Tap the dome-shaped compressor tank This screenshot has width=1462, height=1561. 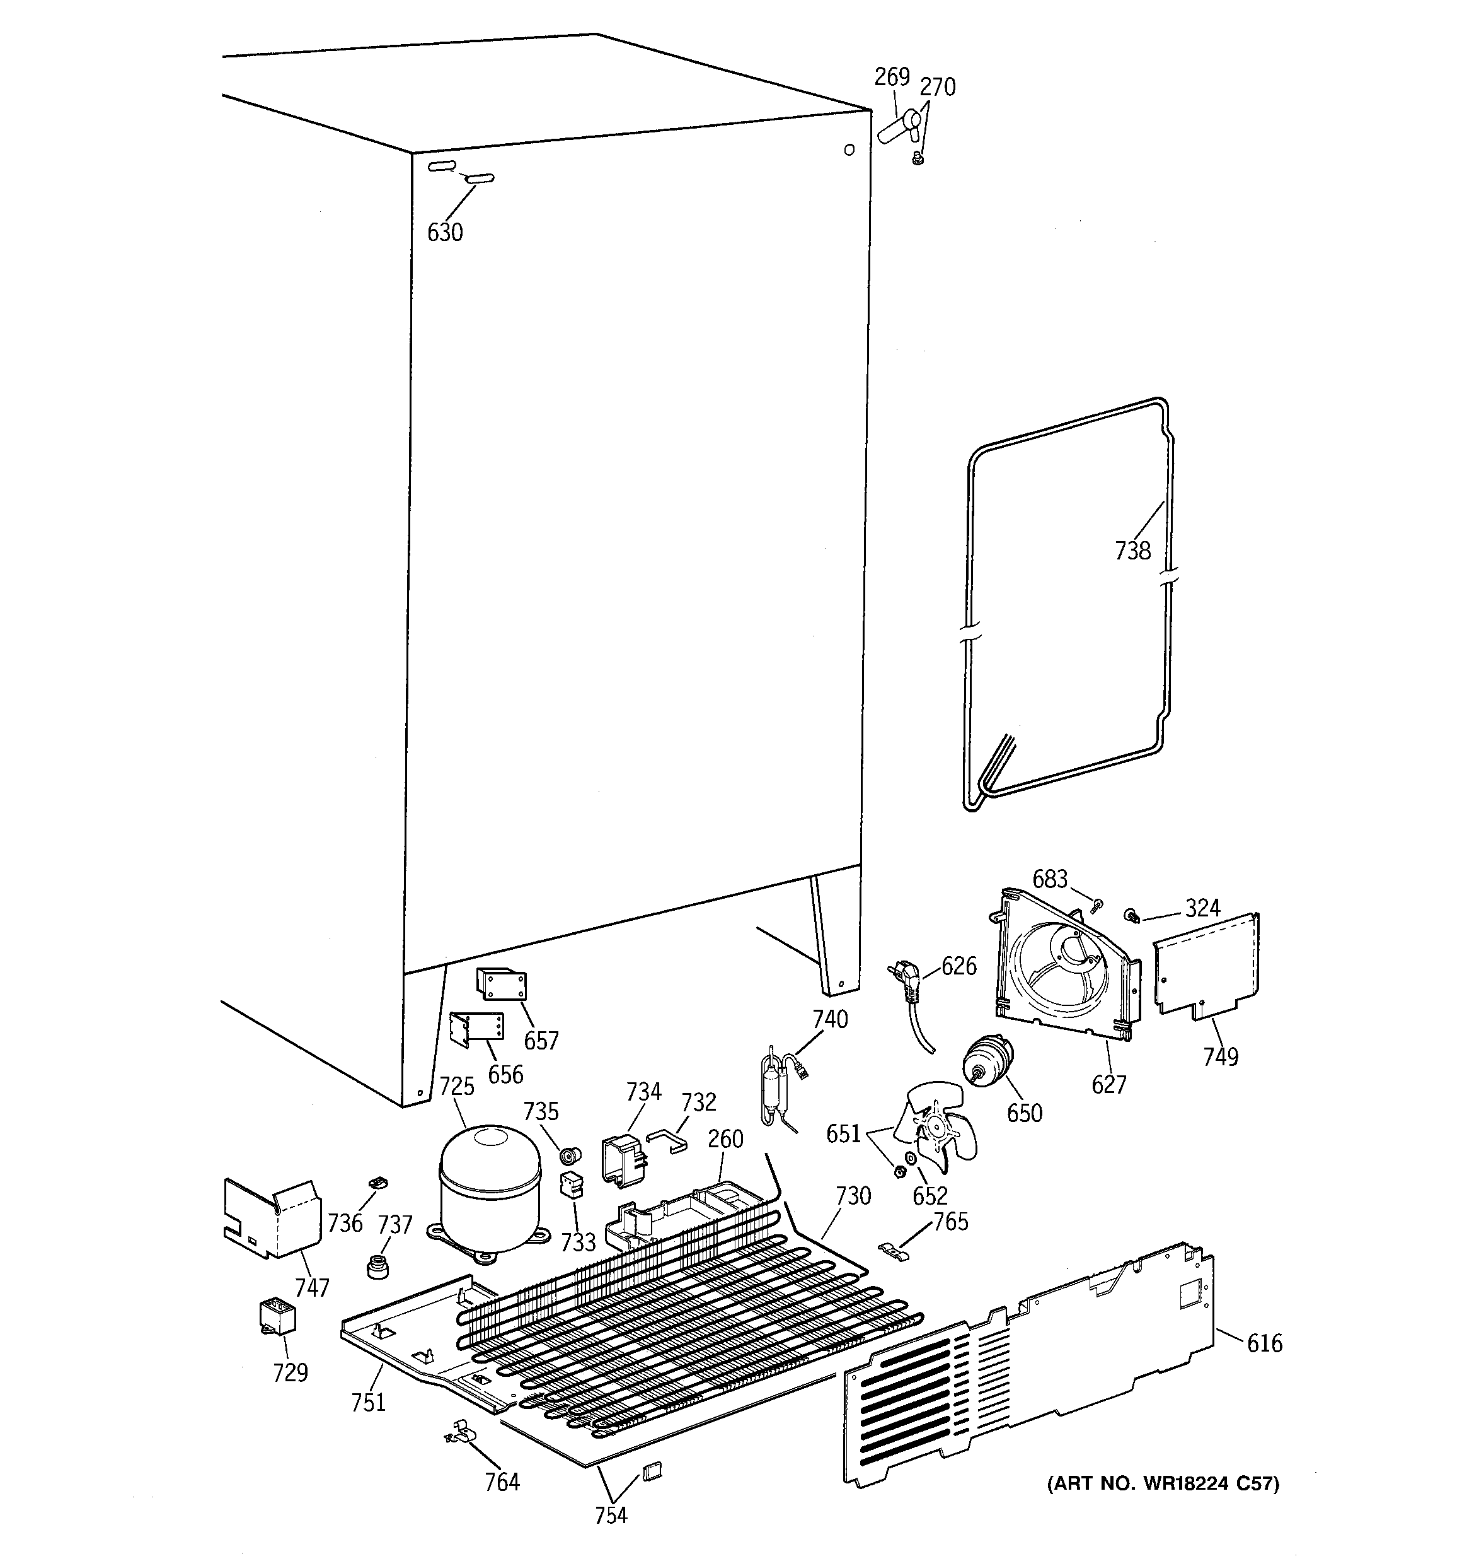(x=490, y=1193)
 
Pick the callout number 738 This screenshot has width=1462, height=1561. (x=1132, y=551)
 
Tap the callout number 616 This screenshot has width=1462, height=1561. (x=1264, y=1343)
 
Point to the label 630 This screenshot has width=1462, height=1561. (x=445, y=233)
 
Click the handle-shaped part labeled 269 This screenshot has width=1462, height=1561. (x=900, y=126)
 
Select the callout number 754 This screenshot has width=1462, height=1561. (x=611, y=1514)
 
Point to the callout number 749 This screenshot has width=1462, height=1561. (x=1220, y=1056)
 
